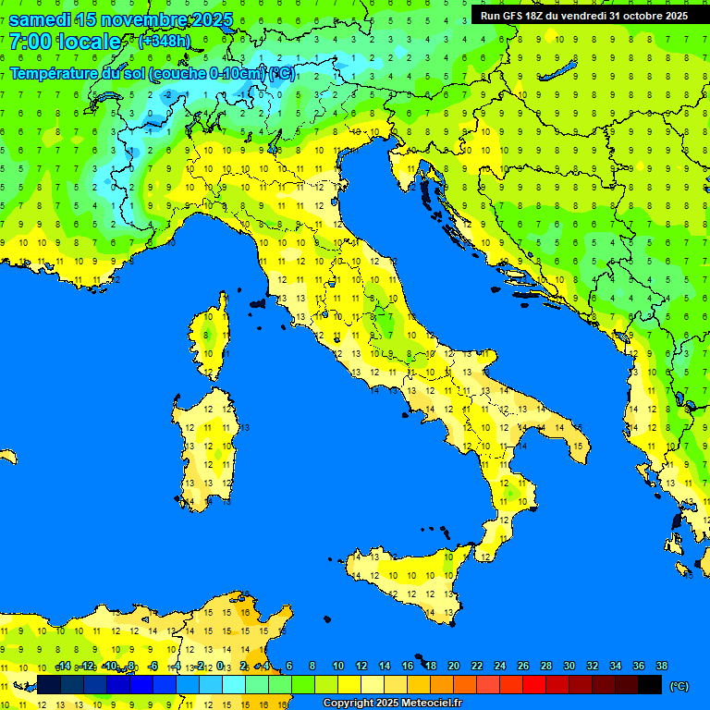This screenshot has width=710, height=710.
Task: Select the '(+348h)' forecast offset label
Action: pos(165,42)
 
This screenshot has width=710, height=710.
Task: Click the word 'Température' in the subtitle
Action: pos(54,73)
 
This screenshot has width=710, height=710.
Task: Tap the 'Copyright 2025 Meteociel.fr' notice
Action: pos(392,704)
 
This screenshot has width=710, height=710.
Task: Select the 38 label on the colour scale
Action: pos(662,666)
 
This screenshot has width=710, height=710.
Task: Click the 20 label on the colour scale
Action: pos(454,666)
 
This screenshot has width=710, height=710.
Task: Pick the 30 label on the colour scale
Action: pos(569,666)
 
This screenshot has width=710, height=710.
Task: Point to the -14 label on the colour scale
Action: pos(63,666)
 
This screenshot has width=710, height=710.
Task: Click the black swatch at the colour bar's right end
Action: pos(650,684)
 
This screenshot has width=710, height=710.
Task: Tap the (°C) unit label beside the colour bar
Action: pos(679,686)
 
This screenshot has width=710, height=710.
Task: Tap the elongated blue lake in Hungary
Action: pos(561,71)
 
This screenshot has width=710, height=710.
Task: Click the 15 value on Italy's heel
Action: pos(577,447)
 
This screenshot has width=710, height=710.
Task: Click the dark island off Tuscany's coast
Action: pos(258,302)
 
